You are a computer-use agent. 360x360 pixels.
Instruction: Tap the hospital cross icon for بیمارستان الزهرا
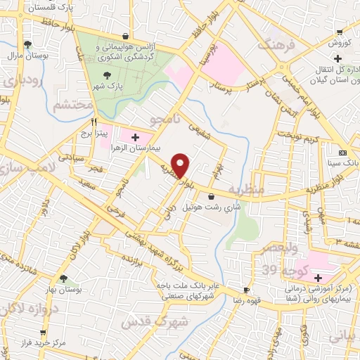(135, 136)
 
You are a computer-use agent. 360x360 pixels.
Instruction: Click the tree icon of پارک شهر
(106, 75)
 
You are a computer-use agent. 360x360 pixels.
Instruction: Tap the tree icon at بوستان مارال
(27, 44)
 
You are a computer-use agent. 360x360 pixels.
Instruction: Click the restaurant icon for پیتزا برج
(93, 121)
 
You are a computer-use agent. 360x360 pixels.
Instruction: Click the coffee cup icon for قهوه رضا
(245, 290)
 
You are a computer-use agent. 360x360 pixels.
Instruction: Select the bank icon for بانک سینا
(342, 153)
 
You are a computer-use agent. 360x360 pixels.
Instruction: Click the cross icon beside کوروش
(339, 32)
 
